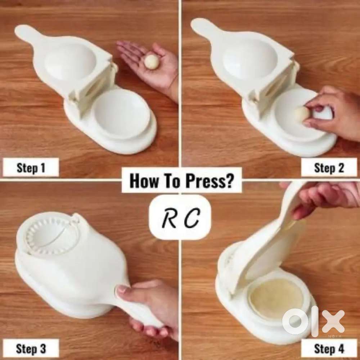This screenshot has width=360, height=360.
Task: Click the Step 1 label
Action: pos(31,168)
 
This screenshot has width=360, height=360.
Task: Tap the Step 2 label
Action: pos(329,168)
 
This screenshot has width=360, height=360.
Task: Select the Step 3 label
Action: pos(31,349)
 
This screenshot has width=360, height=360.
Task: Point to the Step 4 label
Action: pos(329,349)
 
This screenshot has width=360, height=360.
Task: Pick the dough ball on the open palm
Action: pos(151,61)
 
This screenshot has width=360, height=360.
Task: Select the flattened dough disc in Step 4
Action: pos(270,299)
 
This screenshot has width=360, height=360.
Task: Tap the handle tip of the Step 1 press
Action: pos(22,31)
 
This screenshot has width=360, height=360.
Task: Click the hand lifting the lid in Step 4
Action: pos(321,197)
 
